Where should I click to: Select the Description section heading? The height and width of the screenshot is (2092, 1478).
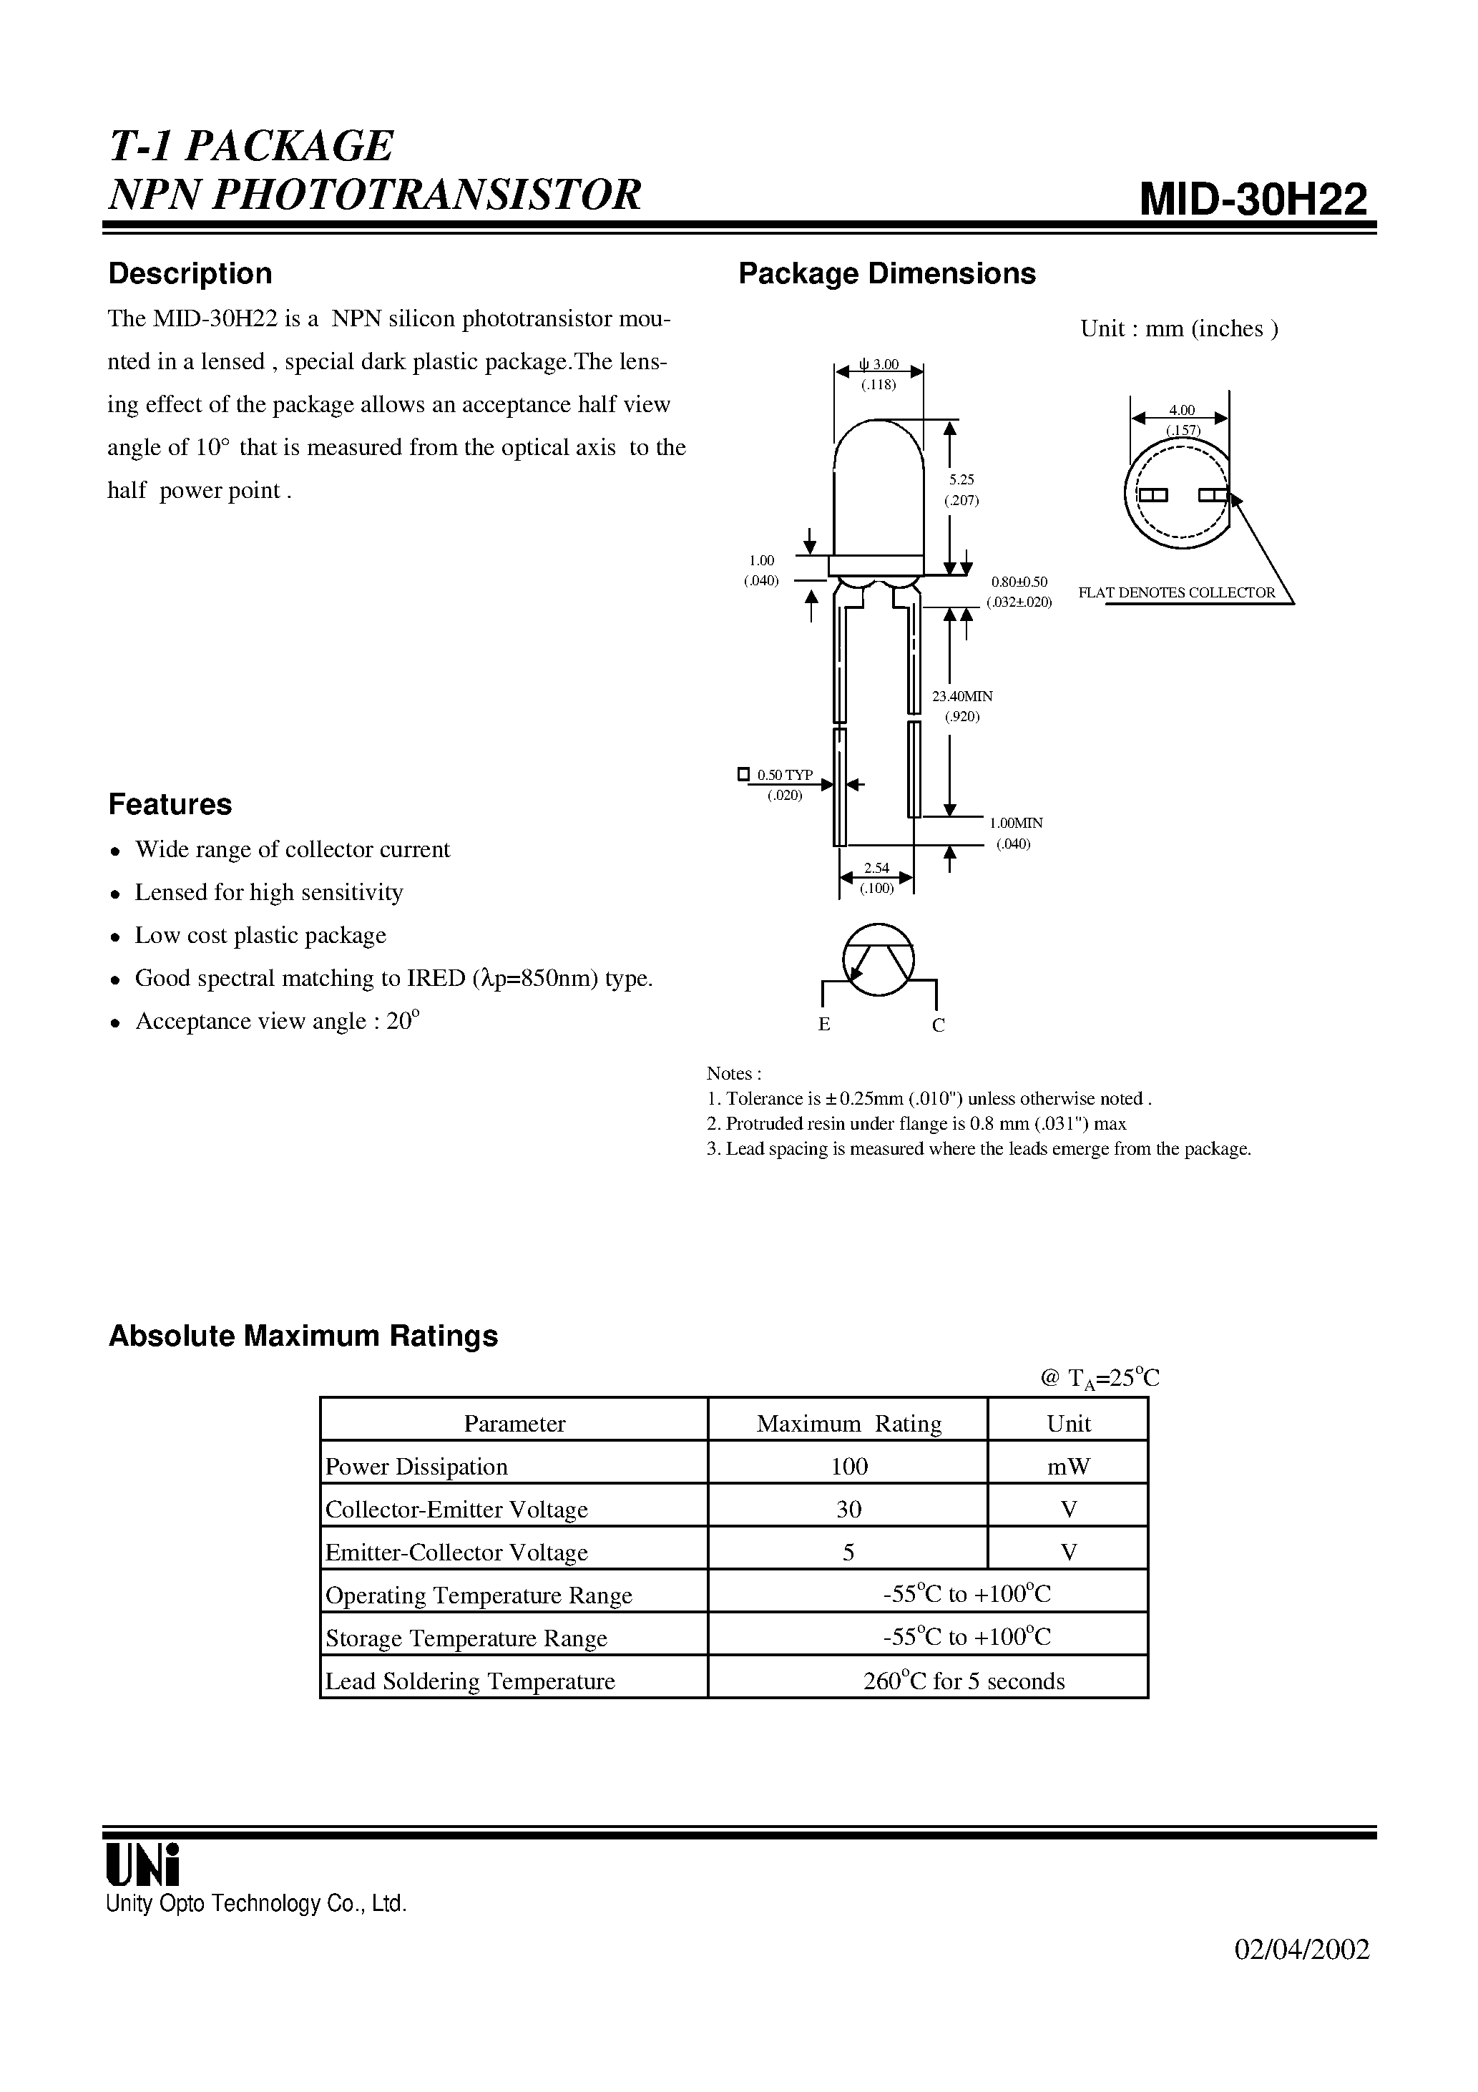(190, 273)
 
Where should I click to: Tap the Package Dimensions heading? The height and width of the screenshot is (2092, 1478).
(886, 273)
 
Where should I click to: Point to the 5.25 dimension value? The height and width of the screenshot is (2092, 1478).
(961, 479)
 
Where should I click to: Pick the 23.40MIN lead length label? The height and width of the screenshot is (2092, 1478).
(962, 696)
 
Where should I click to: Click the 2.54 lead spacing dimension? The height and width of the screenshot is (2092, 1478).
(876, 869)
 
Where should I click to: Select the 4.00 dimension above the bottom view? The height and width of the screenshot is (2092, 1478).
(1182, 410)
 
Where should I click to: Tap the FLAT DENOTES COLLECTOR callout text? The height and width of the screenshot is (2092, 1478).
(1176, 592)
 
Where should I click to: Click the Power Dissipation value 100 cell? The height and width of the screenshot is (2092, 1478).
(848, 1466)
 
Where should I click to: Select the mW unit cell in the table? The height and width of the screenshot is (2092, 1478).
(1068, 1466)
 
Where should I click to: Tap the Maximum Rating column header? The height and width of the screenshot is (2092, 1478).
(848, 1423)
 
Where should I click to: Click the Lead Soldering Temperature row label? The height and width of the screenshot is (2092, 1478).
(470, 1681)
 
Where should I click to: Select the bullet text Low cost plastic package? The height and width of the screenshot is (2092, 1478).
(260, 936)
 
